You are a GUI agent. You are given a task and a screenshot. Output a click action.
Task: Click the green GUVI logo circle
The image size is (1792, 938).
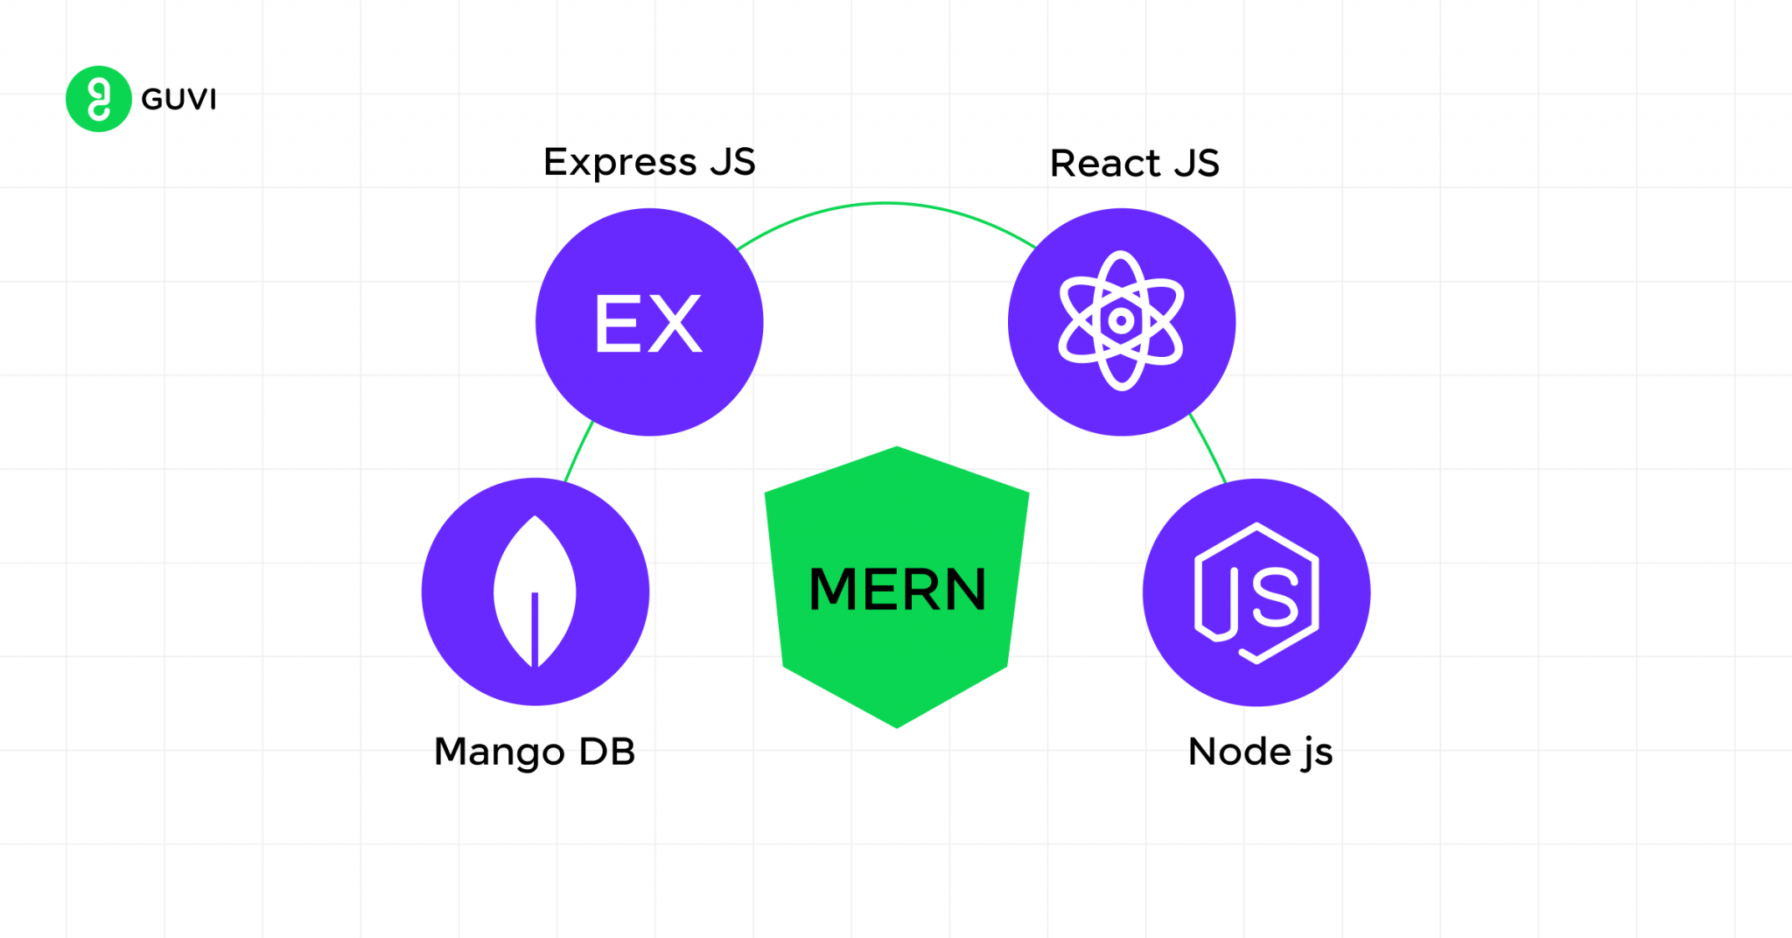98,99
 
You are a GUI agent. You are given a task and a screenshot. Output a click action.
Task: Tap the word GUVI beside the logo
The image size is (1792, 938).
178,100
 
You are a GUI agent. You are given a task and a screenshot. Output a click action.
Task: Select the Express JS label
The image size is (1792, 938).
648,163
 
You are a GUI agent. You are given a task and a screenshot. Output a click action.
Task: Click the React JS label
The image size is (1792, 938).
1134,164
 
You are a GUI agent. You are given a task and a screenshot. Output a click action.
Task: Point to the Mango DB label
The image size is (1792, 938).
534,752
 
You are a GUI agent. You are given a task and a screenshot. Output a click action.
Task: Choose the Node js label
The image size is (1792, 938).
1260,752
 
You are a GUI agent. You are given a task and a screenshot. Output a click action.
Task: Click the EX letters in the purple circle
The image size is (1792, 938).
648,323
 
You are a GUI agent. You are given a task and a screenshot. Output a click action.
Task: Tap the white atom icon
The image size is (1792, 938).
1121,321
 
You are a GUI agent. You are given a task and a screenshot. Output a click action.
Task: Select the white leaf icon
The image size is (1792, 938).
535,591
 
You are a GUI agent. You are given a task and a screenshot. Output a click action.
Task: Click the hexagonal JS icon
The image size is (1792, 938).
1256,593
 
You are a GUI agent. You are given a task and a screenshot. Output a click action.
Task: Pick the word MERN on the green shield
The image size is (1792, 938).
897,589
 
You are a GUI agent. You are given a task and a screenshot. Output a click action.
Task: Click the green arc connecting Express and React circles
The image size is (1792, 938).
885,204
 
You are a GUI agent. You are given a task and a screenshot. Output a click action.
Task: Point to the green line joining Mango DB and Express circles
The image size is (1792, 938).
578,451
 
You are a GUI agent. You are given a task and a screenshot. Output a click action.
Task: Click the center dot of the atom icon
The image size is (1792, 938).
1121,321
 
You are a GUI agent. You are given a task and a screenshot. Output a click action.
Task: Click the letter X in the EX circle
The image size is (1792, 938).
675,323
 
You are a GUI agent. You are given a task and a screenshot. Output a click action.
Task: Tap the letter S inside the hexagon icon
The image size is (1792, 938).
1274,597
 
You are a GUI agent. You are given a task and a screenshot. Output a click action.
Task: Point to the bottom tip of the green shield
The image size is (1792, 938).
897,725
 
